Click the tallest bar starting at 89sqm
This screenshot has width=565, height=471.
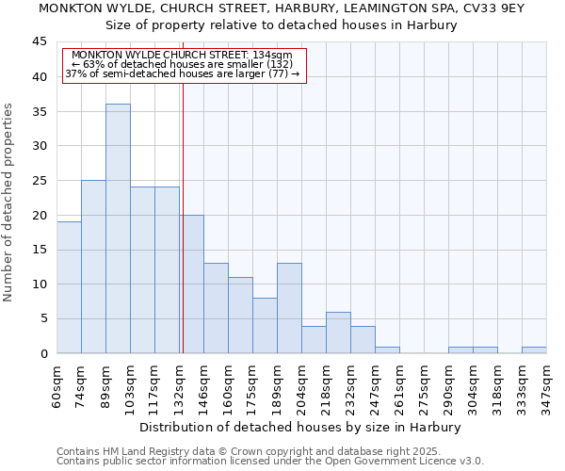point(118,229)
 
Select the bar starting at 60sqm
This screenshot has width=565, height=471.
point(69,287)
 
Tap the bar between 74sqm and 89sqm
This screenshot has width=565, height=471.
point(93,267)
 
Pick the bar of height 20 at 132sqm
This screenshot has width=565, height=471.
point(192,284)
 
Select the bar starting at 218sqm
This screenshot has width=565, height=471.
point(338,333)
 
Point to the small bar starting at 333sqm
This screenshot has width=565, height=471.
point(534,350)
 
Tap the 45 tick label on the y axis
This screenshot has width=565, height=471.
point(40,42)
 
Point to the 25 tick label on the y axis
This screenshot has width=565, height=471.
point(40,181)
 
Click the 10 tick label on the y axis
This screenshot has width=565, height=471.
point(40,284)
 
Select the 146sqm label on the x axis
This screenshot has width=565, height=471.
point(204,384)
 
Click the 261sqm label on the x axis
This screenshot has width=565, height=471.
point(400,384)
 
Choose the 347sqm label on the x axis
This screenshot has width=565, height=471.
point(547,384)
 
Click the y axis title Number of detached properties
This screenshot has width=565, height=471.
point(9,203)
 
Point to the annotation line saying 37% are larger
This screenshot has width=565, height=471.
point(183,73)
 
